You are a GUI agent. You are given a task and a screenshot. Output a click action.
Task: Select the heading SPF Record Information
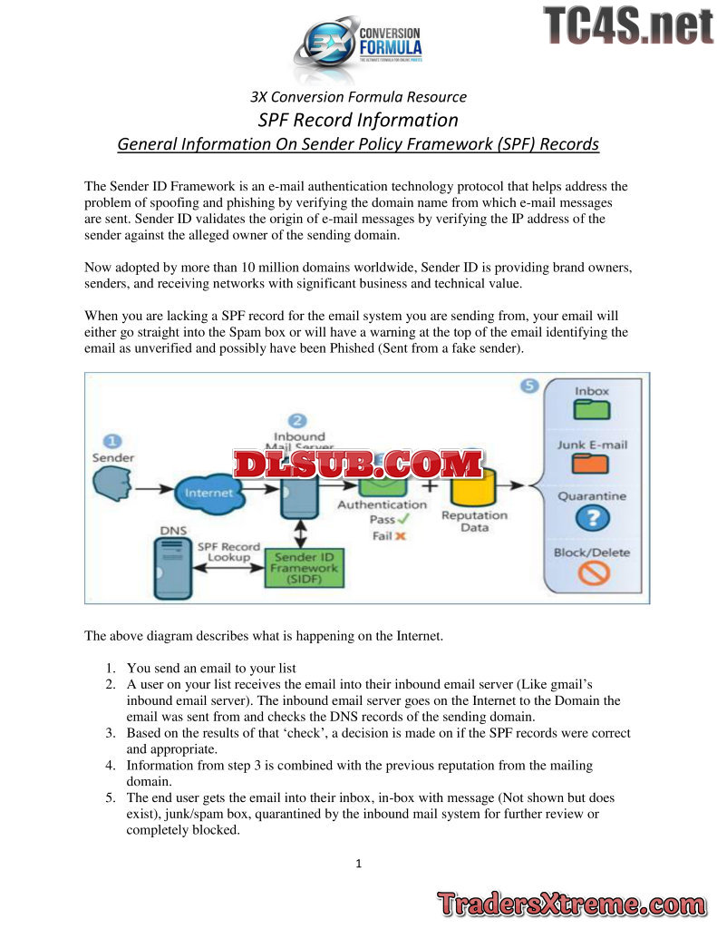pos(358,120)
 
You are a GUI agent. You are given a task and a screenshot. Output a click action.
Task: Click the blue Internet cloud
pos(209,494)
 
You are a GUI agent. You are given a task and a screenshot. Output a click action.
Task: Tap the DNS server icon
pos(172,567)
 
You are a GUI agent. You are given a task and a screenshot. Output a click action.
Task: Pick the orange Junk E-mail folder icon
pos(592,464)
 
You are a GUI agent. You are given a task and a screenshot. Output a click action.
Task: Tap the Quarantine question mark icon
pos(593,518)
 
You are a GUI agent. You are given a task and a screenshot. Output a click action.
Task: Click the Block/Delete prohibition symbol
pos(593,573)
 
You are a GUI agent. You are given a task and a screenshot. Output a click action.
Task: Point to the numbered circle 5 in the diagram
pos(530,386)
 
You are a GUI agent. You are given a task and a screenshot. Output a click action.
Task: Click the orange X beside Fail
pos(400,536)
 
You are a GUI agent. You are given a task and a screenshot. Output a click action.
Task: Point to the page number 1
pos(358,863)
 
